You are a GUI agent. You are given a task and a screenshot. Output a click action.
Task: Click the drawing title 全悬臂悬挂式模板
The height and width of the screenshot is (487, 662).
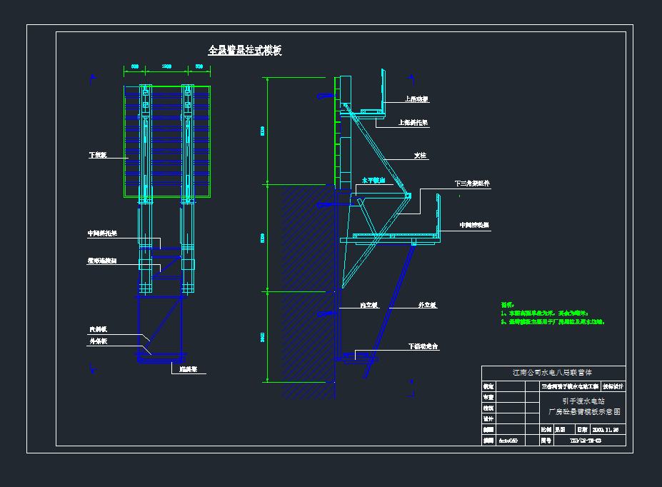coord(244,51)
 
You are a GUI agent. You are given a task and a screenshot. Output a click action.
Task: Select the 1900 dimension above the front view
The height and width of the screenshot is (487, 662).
coord(166,66)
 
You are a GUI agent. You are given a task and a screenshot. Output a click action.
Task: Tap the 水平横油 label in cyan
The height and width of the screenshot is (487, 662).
coord(373,181)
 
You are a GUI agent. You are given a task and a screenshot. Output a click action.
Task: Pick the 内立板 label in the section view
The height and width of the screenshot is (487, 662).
coord(368,305)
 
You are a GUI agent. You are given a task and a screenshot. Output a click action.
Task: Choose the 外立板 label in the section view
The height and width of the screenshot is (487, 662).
coord(427,305)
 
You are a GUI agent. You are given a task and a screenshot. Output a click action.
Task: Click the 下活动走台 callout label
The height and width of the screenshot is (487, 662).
coord(423,346)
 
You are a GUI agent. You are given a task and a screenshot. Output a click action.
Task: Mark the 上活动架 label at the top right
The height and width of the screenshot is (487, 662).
coord(416,99)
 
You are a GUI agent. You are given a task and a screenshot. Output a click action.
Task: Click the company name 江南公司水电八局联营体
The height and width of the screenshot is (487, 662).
coord(553,373)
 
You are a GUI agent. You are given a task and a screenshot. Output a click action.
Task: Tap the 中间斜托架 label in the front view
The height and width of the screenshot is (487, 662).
coord(102,234)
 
